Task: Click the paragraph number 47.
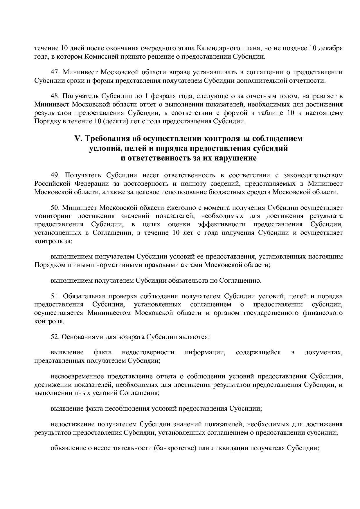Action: pyautogui.click(x=55, y=72)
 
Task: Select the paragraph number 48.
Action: pyautogui.click(x=55, y=96)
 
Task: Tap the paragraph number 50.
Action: pyautogui.click(x=55, y=208)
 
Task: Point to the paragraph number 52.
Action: pyautogui.click(x=55, y=337)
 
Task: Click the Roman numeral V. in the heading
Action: pyautogui.click(x=79, y=139)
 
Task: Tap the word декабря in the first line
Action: pyautogui.click(x=331, y=48)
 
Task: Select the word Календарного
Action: pyautogui.click(x=219, y=48)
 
